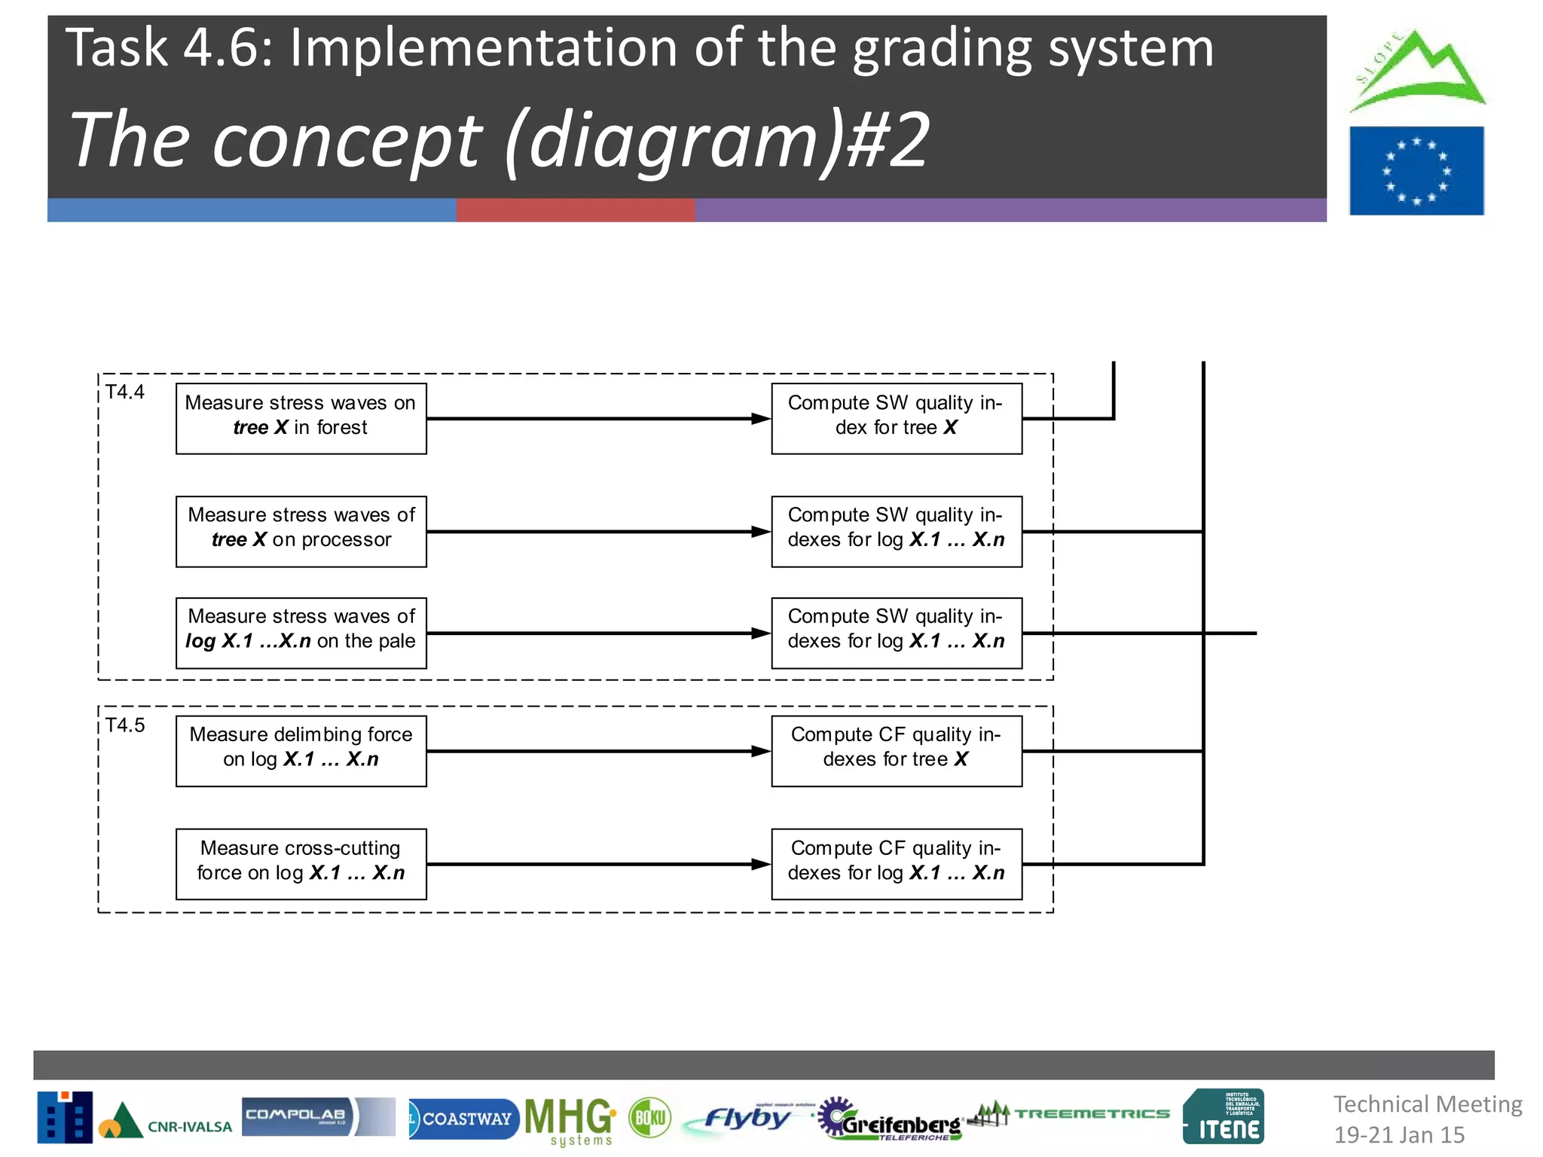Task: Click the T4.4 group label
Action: pyautogui.click(x=125, y=392)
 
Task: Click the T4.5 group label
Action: pyautogui.click(x=125, y=725)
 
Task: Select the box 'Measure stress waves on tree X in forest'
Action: pyautogui.click(x=301, y=419)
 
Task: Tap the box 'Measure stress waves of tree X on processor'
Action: pyautogui.click(x=301, y=531)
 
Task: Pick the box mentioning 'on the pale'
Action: pyautogui.click(x=301, y=633)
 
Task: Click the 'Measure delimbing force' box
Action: pyautogui.click(x=301, y=751)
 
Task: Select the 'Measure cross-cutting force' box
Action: pyautogui.click(x=301, y=864)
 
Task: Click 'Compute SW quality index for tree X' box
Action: pyautogui.click(x=896, y=419)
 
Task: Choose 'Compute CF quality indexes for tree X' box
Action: pyautogui.click(x=896, y=751)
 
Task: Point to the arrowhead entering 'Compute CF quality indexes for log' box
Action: pyautogui.click(x=761, y=864)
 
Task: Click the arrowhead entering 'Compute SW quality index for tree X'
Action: pyautogui.click(x=761, y=419)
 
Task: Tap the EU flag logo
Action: pyautogui.click(x=1416, y=171)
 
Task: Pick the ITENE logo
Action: pyautogui.click(x=1224, y=1117)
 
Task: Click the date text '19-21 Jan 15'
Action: pyautogui.click(x=1399, y=1134)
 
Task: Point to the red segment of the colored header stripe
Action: pyautogui.click(x=575, y=210)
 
